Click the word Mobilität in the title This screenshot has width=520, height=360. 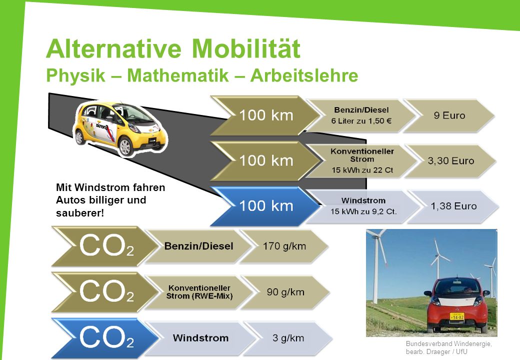(246, 48)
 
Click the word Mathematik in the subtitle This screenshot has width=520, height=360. (178, 75)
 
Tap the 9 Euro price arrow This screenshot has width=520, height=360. (449, 115)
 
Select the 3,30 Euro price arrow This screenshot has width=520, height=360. (450, 161)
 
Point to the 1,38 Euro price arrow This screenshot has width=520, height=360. (453, 206)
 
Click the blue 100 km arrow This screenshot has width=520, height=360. (266, 206)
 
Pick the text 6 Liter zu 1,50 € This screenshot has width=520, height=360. (361, 121)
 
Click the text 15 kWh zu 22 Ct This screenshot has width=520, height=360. (362, 170)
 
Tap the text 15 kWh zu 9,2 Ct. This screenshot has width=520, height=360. (363, 211)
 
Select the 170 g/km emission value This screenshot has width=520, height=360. (284, 246)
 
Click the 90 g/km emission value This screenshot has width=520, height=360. (285, 292)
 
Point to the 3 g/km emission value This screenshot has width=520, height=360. (288, 338)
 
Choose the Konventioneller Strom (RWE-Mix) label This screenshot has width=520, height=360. (199, 292)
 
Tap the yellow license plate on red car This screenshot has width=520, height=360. (457, 316)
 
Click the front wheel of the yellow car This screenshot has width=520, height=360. (125, 146)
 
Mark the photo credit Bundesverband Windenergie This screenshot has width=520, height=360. (448, 344)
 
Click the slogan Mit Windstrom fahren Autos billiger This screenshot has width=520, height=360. (110, 193)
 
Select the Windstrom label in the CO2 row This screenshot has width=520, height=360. (200, 338)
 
